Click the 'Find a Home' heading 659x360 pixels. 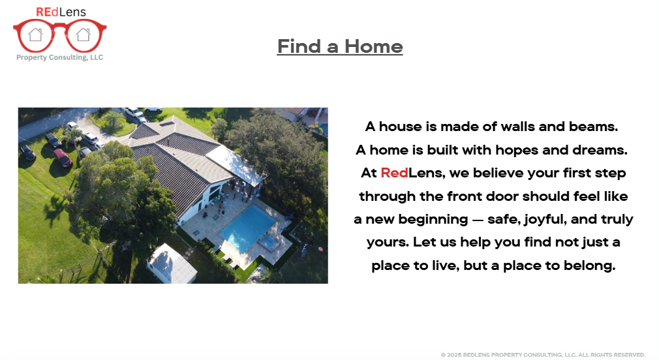[340, 46]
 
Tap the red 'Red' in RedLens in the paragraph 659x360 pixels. [394, 173]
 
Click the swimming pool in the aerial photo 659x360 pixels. [248, 227]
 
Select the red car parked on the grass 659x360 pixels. [63, 158]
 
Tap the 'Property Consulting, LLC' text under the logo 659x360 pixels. [59, 57]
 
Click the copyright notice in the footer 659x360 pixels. [543, 355]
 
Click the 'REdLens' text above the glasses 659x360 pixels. [61, 12]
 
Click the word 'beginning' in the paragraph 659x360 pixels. [433, 219]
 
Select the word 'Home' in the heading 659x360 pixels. [374, 46]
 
